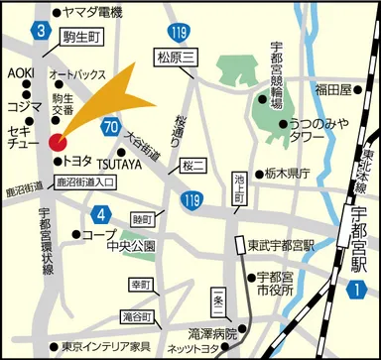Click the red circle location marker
pyautogui.click(x=57, y=141)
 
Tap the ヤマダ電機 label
pyautogui.click(x=89, y=13)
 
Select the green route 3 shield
pyautogui.click(x=41, y=33)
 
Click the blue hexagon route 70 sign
pyautogui.click(x=109, y=126)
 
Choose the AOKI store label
pyautogui.click(x=22, y=74)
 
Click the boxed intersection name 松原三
pyautogui.click(x=178, y=56)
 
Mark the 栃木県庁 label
pyautogui.click(x=289, y=172)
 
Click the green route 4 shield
pyautogui.click(x=101, y=214)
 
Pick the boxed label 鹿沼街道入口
pyautogui.click(x=83, y=182)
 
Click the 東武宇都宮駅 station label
pyautogui.click(x=281, y=245)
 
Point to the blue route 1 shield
pyautogui.click(x=356, y=289)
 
